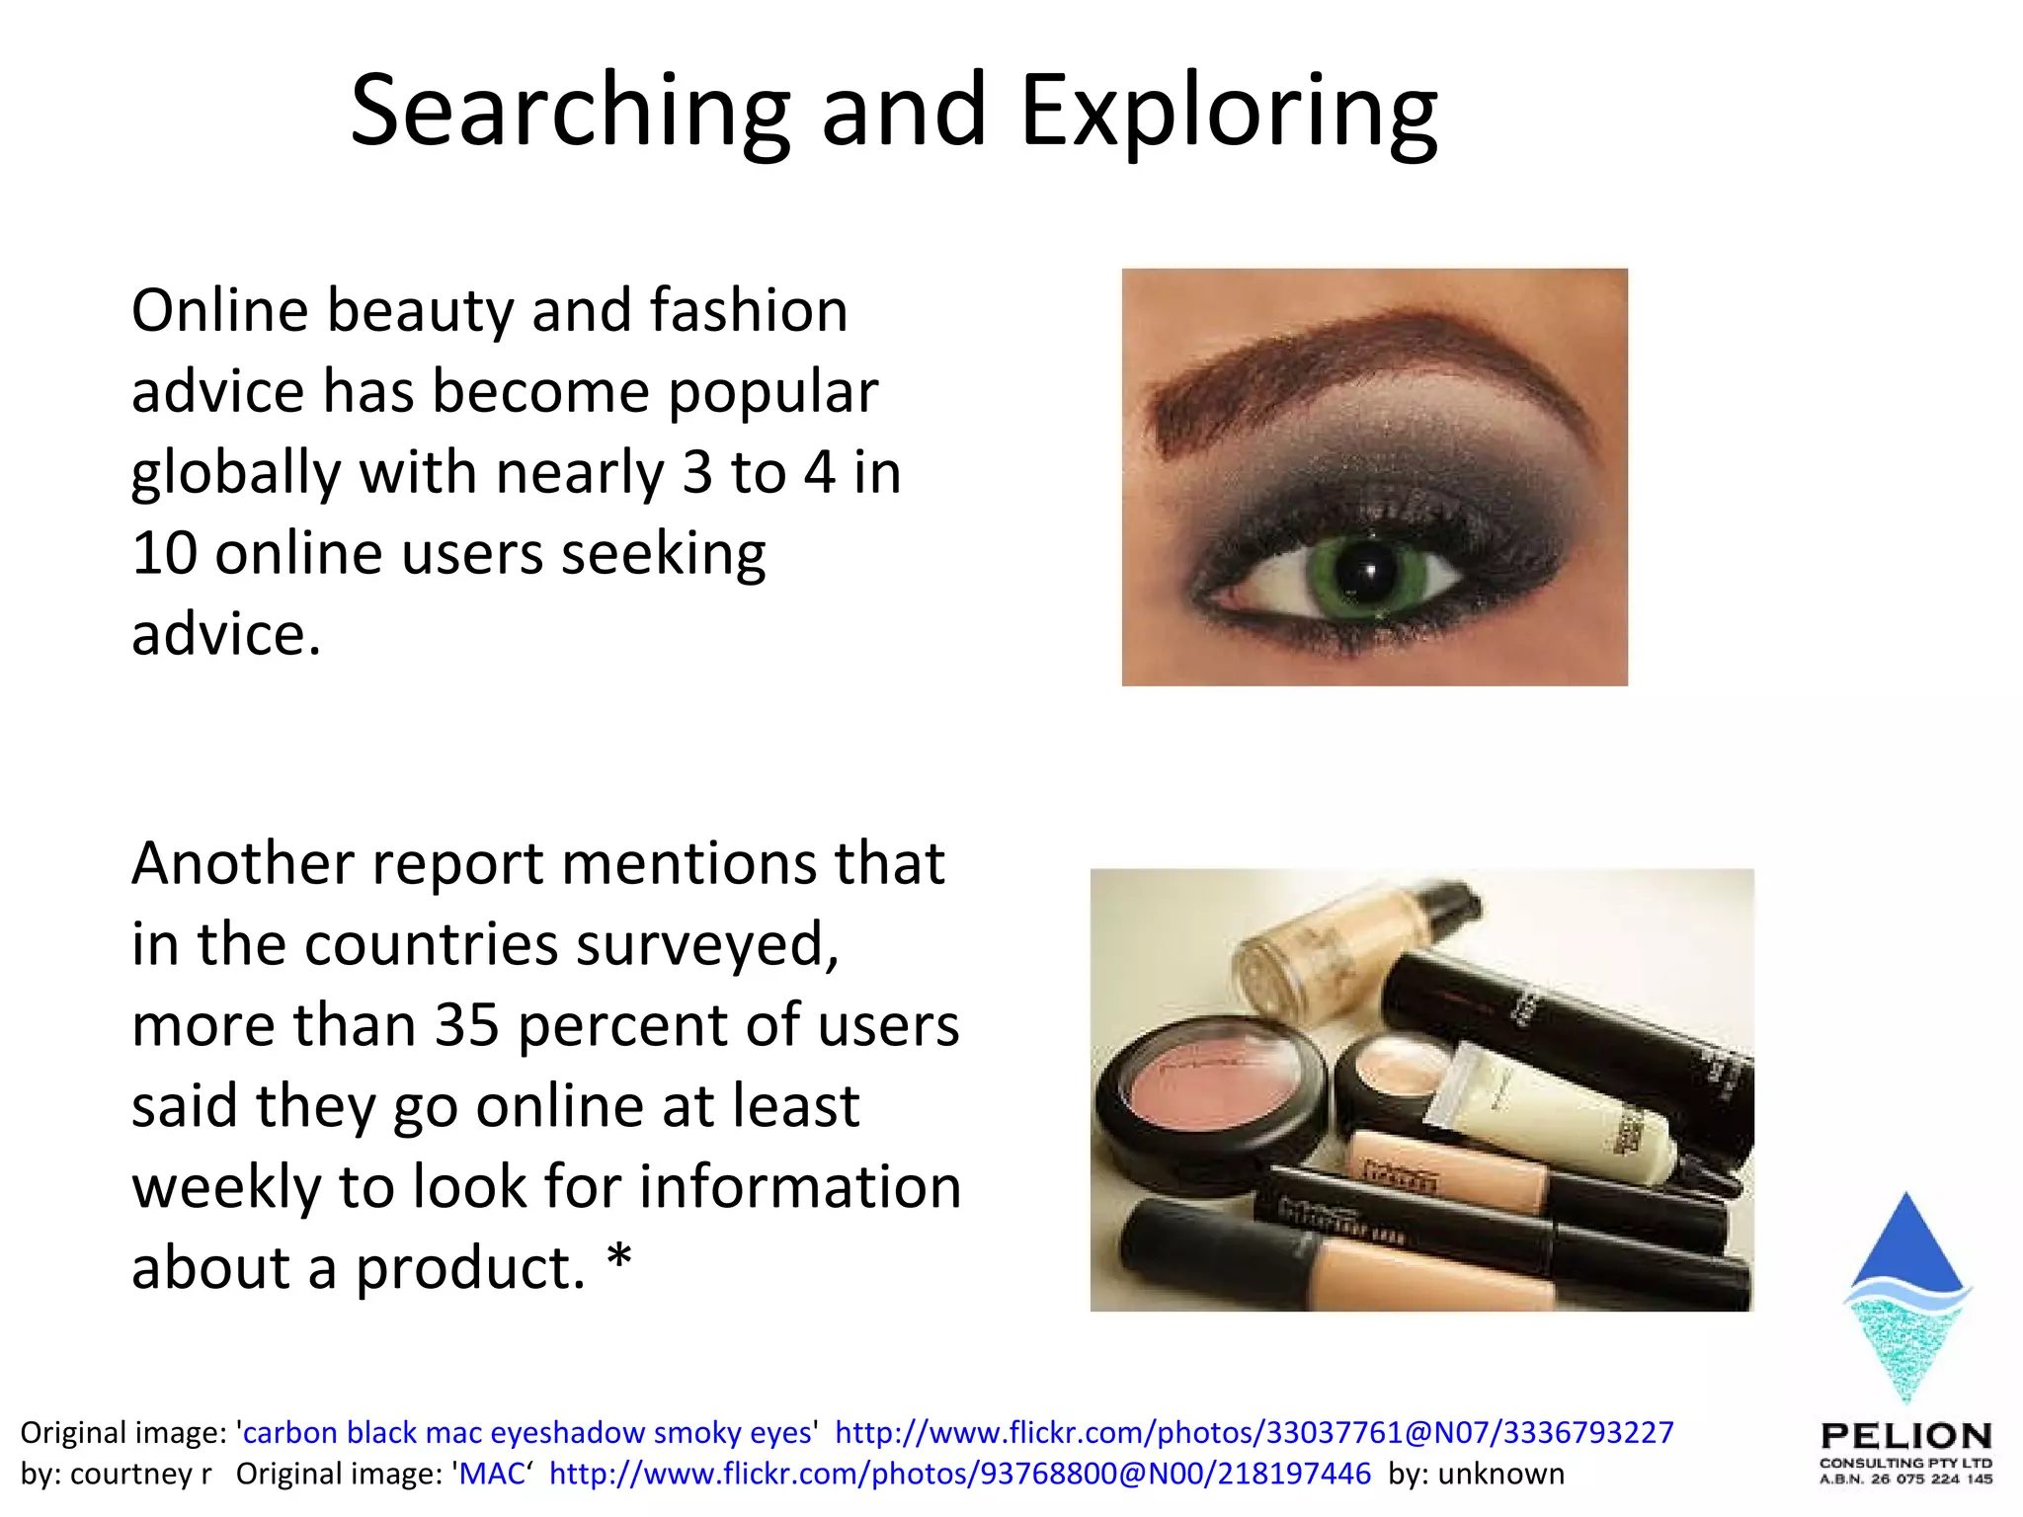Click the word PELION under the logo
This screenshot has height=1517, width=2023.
click(1905, 1435)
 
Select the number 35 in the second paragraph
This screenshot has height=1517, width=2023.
click(467, 1025)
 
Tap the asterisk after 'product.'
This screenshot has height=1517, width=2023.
click(619, 1260)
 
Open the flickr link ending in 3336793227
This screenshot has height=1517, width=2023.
click(1254, 1432)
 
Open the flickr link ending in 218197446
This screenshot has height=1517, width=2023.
click(959, 1474)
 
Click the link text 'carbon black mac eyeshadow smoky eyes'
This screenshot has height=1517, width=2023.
click(528, 1432)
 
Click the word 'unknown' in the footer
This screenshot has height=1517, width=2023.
click(1500, 1474)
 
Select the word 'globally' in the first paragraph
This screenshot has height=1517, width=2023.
click(236, 473)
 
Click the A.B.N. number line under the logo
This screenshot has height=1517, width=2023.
click(1905, 1478)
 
